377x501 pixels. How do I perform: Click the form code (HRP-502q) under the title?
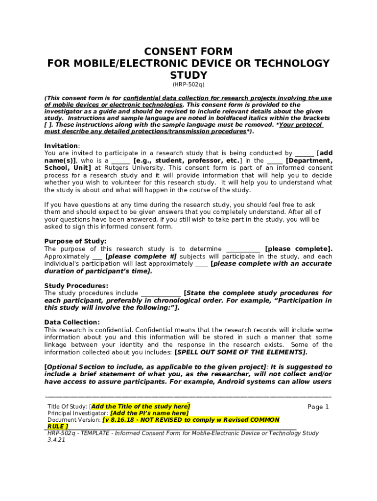click(x=188, y=85)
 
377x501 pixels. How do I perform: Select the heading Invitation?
click(x=61, y=146)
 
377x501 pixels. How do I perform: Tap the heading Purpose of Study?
click(x=75, y=241)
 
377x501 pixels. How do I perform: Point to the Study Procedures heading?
click(x=76, y=286)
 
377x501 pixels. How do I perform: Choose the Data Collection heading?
click(x=72, y=322)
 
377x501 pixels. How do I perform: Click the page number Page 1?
click(x=318, y=407)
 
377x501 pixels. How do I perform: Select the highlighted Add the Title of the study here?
click(x=141, y=407)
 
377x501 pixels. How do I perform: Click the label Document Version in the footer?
click(x=74, y=420)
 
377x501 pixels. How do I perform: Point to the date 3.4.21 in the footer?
click(x=56, y=440)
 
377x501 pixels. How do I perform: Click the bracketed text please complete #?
click(x=141, y=256)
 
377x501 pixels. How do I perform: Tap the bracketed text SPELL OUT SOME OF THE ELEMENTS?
click(x=241, y=352)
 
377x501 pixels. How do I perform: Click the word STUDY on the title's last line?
click(x=188, y=75)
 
